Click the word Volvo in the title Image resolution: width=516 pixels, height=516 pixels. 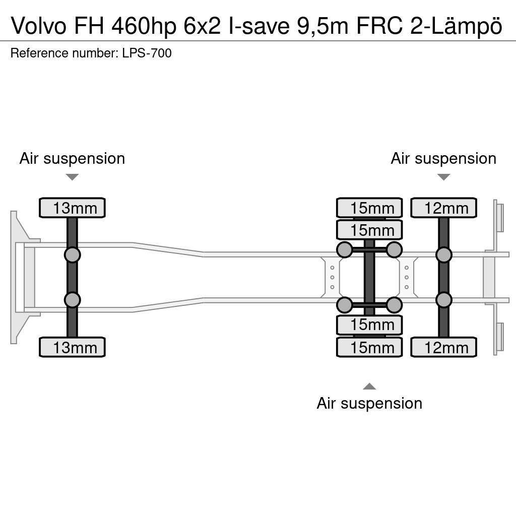point(38,26)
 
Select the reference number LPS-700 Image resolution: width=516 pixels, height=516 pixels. point(147,53)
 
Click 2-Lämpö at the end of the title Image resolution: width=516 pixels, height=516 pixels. point(457,26)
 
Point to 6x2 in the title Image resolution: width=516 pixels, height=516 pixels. point(202,26)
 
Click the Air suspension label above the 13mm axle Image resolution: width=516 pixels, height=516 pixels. point(72,158)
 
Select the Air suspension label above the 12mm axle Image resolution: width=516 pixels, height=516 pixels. point(443,158)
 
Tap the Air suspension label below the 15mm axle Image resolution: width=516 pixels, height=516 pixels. point(369,403)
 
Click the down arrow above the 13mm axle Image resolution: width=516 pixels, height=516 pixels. point(72,177)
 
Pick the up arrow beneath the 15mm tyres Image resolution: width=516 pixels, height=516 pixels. point(369,386)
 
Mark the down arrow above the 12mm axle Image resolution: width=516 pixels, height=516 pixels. point(443,177)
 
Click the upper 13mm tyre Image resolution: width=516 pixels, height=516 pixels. point(72,208)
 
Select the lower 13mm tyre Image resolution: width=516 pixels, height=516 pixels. point(72,347)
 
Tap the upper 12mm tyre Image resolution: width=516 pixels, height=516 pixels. point(443,208)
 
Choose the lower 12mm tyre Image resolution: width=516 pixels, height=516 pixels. point(443,347)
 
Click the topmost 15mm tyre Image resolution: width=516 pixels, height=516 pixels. point(369,208)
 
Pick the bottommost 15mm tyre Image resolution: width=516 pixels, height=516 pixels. point(369,347)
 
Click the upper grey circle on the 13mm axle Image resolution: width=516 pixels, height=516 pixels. point(72,254)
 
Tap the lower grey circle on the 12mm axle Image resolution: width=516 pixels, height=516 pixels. point(443,300)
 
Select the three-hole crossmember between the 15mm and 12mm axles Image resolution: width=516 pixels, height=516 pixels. point(407,277)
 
